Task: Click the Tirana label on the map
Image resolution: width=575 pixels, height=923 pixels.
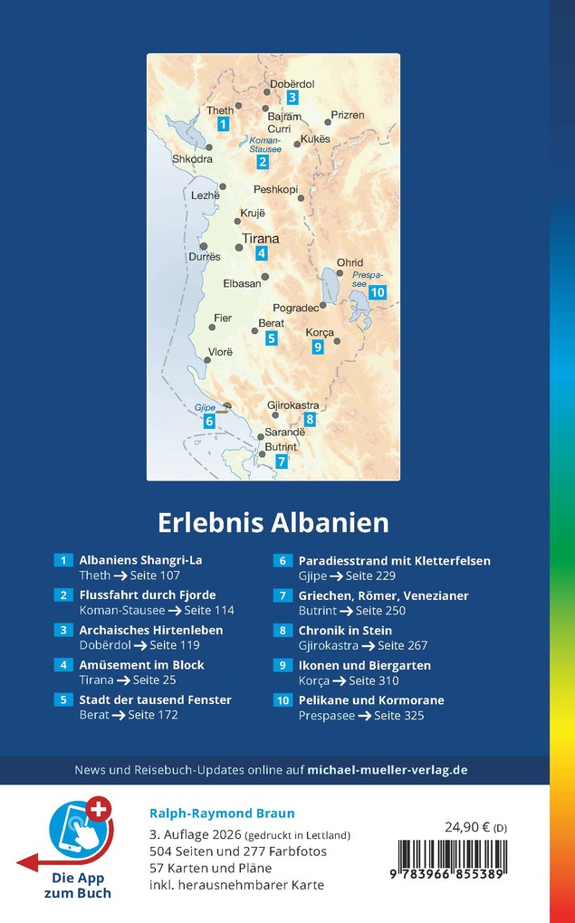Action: click(261, 239)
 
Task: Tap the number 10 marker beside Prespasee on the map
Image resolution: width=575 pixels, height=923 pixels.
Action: click(378, 291)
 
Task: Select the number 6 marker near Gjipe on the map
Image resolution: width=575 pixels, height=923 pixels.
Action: click(209, 421)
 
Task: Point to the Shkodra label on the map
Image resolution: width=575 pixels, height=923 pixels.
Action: click(192, 159)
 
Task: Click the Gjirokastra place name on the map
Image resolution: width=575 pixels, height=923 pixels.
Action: click(293, 404)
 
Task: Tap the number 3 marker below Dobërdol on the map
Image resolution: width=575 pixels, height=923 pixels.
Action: click(292, 98)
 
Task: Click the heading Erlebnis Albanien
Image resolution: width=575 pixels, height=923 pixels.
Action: click(273, 523)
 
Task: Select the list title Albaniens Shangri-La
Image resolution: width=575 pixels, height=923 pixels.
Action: click(140, 560)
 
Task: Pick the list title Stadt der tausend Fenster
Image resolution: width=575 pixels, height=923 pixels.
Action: click(155, 699)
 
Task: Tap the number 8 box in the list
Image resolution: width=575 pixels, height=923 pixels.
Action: click(283, 631)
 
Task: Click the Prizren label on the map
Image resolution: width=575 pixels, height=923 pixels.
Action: click(347, 115)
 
